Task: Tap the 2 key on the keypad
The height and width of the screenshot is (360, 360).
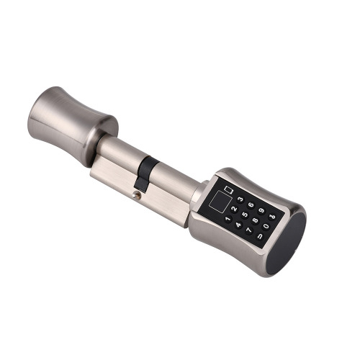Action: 234,209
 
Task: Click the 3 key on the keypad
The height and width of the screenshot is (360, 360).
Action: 240,199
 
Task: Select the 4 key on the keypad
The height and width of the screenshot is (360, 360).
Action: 238,225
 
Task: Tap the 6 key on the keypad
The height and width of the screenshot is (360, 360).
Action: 251,205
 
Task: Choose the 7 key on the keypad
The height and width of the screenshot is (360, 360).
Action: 249,230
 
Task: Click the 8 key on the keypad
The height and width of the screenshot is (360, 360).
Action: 256,220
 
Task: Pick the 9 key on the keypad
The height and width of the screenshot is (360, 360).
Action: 261,211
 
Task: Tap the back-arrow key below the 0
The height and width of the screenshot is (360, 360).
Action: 260,236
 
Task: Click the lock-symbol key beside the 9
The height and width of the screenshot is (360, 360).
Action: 272,217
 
